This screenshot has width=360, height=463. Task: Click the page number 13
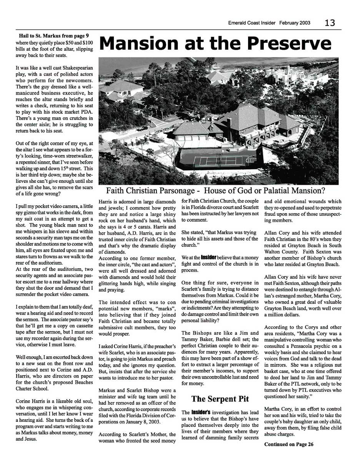click(x=330, y=23)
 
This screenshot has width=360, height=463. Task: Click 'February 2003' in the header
click(x=295, y=23)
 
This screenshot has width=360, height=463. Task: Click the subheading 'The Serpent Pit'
click(x=220, y=398)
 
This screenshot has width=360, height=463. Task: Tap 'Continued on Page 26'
click(x=288, y=444)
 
